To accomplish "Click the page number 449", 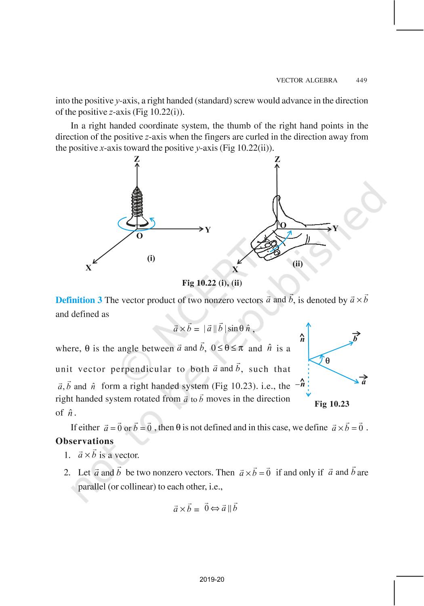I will pos(361,80).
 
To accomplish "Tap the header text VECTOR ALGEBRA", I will pos(306,80).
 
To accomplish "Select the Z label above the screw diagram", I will pos(137,159).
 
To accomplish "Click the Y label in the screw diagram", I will pos(208,230).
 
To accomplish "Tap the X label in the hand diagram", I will pos(235,269).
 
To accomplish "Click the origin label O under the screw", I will pos(139,236).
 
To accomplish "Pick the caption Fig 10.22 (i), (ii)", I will pos(212,283).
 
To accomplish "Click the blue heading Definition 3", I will pos(79,300).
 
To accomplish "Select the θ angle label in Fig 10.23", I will pos(327,361).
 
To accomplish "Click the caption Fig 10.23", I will pos(332,404).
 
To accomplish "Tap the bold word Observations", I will pos(84,441).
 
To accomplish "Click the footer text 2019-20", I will pos(212,580).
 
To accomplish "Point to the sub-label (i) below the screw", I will pos(151,258).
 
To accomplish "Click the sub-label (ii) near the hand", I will pos(298,264).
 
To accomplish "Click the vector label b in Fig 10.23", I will pos(355,338).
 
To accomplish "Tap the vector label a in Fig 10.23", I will pos(363,381).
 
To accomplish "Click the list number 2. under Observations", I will pos(67,473).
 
